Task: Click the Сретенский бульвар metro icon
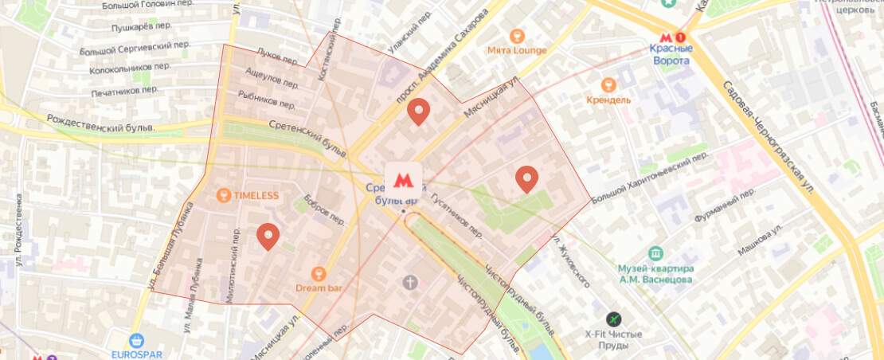(x=403, y=180)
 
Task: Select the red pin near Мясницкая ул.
(x=418, y=112)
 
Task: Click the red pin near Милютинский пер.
(x=268, y=237)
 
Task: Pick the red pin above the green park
(x=526, y=179)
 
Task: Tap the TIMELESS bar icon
(x=225, y=195)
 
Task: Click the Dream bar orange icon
(x=319, y=272)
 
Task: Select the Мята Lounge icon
(x=518, y=35)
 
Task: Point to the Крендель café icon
(x=609, y=84)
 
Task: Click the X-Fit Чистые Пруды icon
(x=613, y=319)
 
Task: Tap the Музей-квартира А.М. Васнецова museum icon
(x=655, y=253)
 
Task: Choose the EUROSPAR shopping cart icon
(x=135, y=339)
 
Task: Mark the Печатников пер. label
(x=124, y=91)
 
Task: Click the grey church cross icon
(x=410, y=281)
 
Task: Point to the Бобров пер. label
(x=323, y=209)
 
